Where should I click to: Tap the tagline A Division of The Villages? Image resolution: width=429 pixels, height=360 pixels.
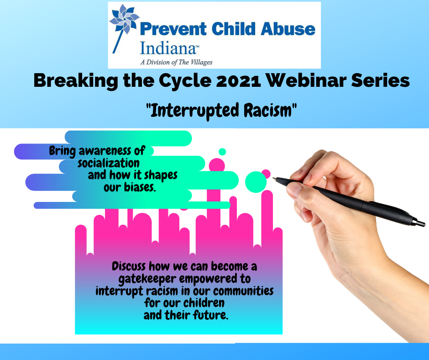(177, 63)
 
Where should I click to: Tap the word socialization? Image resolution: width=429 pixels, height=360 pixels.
(108, 163)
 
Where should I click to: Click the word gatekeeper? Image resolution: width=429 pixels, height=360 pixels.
(147, 279)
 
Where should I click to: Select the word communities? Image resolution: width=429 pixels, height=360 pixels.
(243, 291)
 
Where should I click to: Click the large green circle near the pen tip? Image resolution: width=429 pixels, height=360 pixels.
(256, 182)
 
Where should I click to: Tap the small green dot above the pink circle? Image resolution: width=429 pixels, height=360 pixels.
(222, 152)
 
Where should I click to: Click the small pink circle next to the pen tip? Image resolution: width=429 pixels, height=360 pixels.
(266, 174)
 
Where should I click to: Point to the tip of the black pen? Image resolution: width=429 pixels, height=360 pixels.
(273, 178)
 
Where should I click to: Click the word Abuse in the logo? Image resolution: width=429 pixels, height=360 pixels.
(288, 29)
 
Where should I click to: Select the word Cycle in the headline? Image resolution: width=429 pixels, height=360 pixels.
(185, 81)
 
